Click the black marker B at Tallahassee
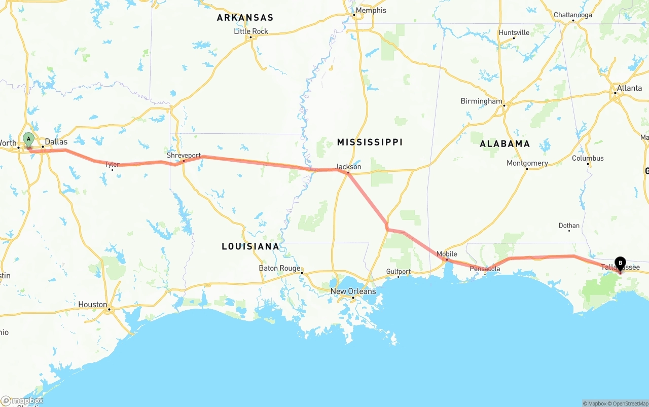620,263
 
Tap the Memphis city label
370,11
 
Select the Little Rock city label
251,31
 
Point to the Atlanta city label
629,88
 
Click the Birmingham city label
481,101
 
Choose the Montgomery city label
527,163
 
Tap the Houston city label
92,305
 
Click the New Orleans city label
353,291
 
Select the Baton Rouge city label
279,268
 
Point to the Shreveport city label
184,156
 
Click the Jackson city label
348,167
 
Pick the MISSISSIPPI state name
370,142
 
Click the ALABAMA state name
504,144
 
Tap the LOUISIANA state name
250,247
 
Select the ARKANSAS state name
245,18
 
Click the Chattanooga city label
572,15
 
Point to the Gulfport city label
398,272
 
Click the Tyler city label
112,165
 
